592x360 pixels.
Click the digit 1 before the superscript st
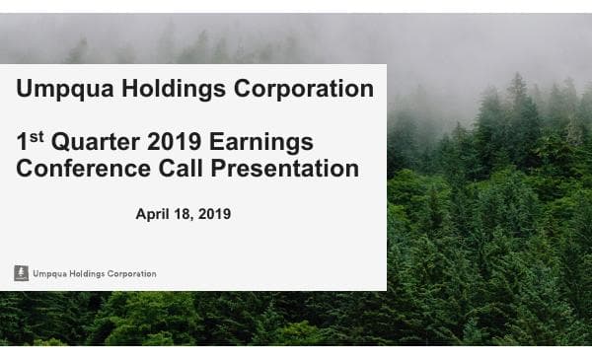(x=24, y=143)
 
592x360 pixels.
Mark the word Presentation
(x=284, y=169)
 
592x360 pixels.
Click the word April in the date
(x=153, y=213)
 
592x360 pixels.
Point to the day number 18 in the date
(x=185, y=213)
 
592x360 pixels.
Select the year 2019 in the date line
(x=214, y=213)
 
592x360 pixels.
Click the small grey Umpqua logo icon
(x=21, y=273)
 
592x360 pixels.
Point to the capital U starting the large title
(x=25, y=90)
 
